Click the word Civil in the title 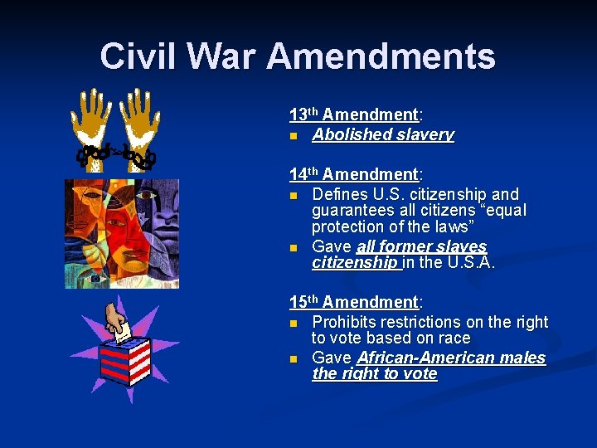(138, 56)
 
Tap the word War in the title (221, 56)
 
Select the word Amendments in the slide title (381, 56)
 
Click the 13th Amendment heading (354, 114)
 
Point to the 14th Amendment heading (354, 174)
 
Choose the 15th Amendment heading (354, 302)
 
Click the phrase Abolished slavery (383, 134)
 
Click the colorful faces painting (122, 232)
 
